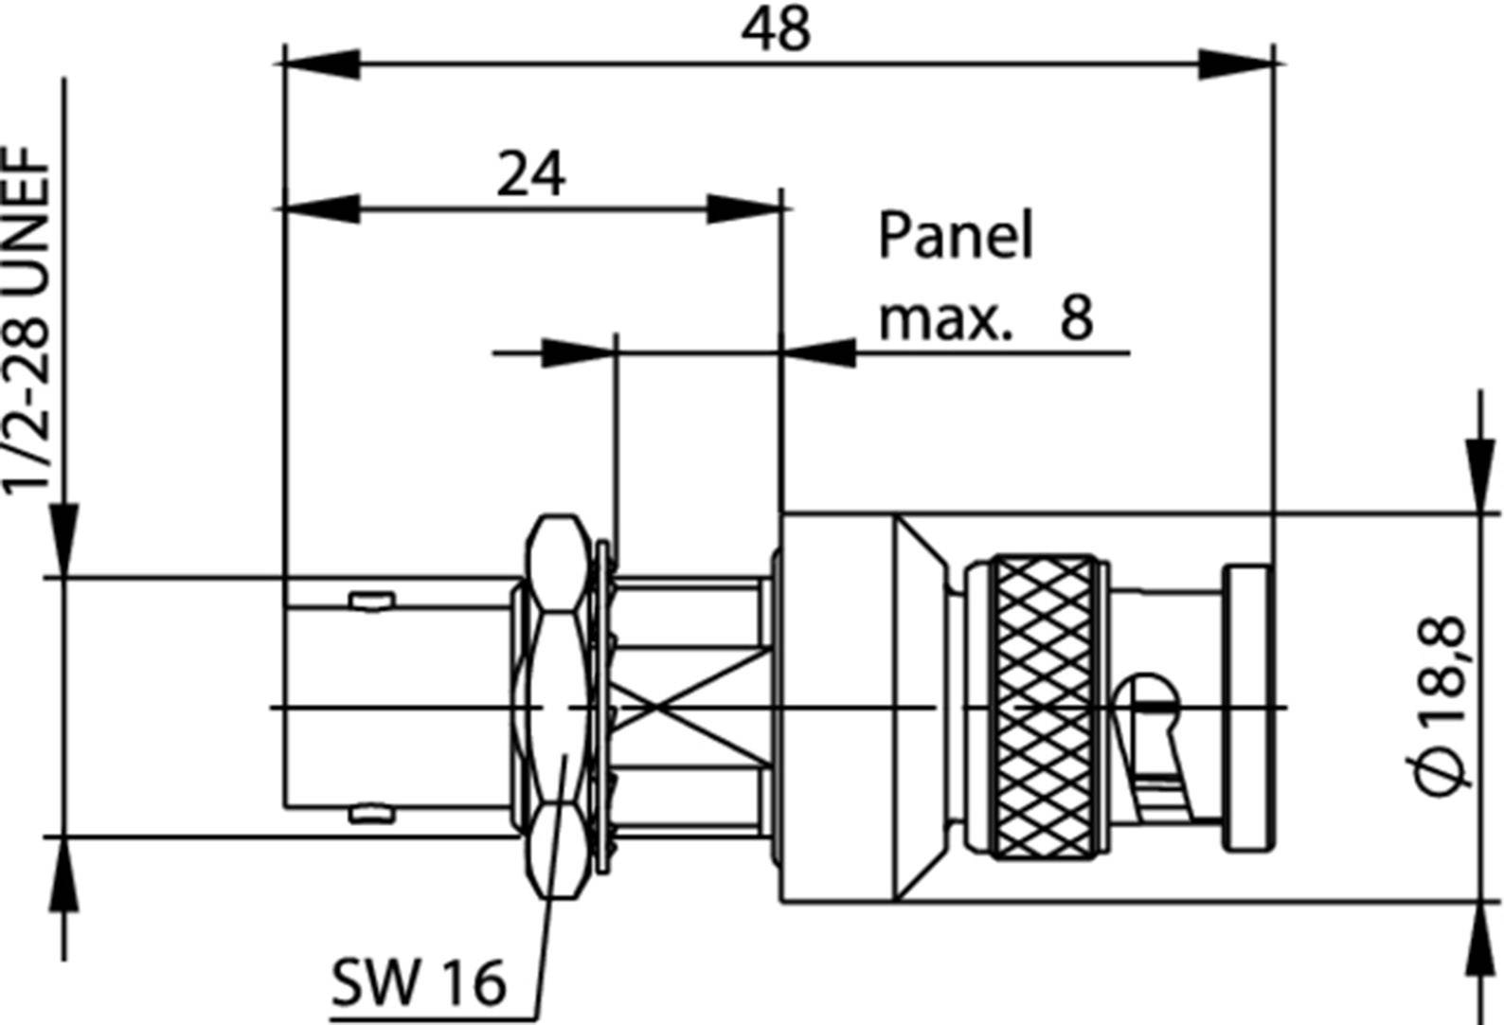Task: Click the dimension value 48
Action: click(x=776, y=30)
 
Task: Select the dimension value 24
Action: click(x=531, y=174)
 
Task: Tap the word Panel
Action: click(x=955, y=236)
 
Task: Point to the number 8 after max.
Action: click(x=1077, y=316)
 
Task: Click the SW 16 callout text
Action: click(x=418, y=982)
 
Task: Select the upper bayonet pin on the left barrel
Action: click(x=370, y=600)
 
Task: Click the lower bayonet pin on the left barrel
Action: click(x=370, y=813)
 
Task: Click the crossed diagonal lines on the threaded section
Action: click(x=690, y=707)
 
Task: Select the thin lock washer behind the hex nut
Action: click(x=602, y=706)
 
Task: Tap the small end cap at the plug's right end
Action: click(x=1247, y=707)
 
